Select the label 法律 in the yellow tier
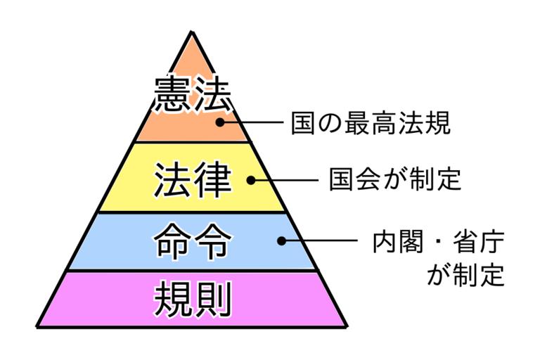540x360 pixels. [192, 180]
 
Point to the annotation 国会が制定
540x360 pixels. [395, 179]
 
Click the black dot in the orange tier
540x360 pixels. [219, 122]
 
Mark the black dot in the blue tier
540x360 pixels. [281, 240]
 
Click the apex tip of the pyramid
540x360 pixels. [191, 32]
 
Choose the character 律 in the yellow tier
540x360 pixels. [212, 180]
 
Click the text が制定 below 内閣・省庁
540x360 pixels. [465, 273]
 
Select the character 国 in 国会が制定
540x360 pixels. [342, 179]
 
